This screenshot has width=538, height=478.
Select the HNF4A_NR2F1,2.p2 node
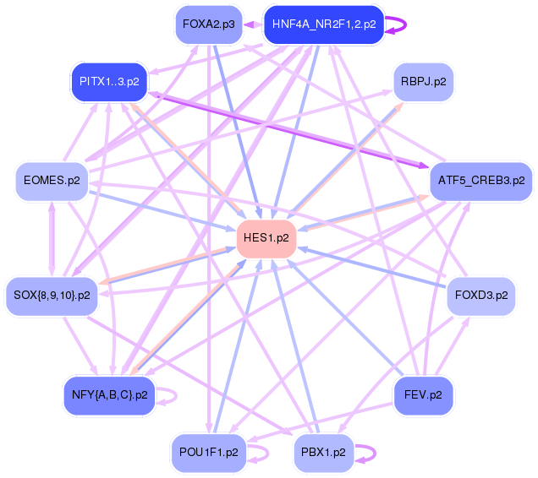324,24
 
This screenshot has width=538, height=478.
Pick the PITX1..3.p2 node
109,82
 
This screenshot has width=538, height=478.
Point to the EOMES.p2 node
52,180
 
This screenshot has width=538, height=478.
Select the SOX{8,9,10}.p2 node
52,295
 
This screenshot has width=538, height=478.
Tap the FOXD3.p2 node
480,295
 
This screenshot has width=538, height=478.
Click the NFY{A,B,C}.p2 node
109,394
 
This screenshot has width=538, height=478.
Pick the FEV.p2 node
423,394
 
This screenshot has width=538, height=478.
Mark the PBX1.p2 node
322,452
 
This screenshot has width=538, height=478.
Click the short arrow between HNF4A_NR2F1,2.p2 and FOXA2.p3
253,24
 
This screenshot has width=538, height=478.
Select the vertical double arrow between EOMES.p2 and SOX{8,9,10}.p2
52,237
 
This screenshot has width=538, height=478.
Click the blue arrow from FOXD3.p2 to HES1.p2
372,267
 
